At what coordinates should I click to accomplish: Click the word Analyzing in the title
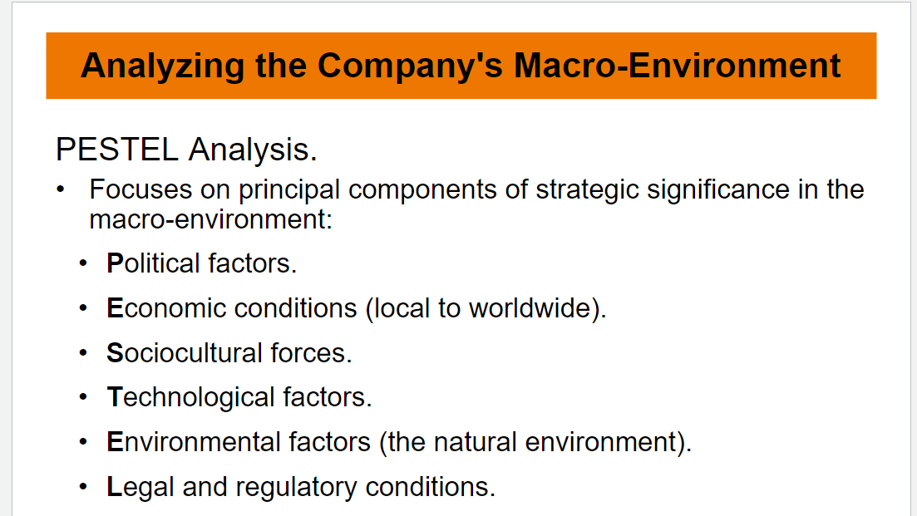[x=163, y=66]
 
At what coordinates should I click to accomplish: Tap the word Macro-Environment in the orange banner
[x=678, y=65]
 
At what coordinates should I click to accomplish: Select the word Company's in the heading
[x=410, y=66]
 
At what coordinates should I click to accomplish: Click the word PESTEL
[x=117, y=149]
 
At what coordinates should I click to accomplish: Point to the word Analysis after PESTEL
[x=253, y=150]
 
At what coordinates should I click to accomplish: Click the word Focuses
[x=141, y=189]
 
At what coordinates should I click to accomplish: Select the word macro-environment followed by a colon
[x=211, y=219]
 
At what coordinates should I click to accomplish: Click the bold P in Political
[x=116, y=263]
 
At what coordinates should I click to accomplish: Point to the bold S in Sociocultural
[x=116, y=353]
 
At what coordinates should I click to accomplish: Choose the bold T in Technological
[x=114, y=397]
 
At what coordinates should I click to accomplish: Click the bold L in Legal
[x=115, y=487]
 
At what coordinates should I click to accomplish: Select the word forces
[x=311, y=353]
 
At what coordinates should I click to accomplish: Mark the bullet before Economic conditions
[x=83, y=308]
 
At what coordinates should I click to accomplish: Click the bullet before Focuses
[x=61, y=189]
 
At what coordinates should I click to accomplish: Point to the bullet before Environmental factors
[x=83, y=442]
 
